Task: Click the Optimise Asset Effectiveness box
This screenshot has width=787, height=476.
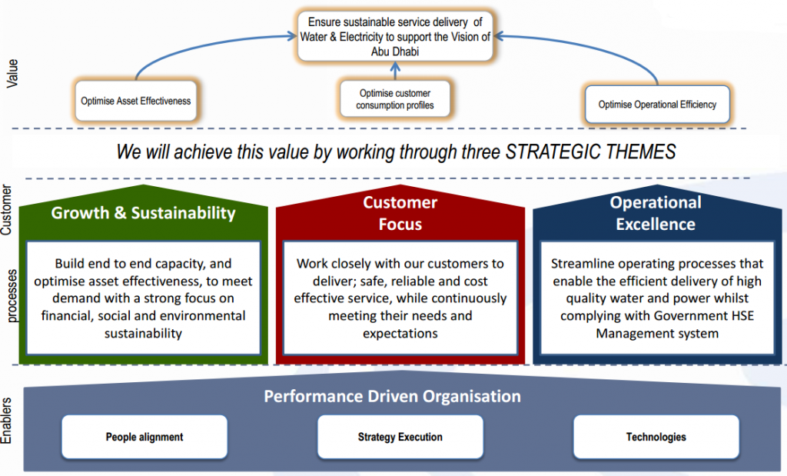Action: click(135, 101)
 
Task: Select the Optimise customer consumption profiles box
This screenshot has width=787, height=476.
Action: click(395, 99)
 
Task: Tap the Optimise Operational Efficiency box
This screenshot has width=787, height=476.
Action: click(657, 105)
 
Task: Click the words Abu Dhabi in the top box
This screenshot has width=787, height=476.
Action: click(395, 52)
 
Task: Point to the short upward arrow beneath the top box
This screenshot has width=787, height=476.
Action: click(396, 70)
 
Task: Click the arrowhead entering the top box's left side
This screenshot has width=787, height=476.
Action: click(291, 35)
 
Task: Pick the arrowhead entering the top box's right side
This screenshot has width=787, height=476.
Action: click(499, 35)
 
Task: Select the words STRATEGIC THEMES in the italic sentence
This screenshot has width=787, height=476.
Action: click(590, 151)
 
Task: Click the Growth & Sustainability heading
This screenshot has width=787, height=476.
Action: click(143, 213)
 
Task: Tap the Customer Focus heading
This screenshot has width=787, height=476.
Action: click(400, 213)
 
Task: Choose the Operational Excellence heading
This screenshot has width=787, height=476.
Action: click(656, 213)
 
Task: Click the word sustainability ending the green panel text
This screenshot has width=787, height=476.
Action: click(143, 334)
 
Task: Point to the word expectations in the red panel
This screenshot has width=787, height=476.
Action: click(400, 334)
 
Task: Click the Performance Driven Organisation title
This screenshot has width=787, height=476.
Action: click(393, 396)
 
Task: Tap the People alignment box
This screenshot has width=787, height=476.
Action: click(144, 437)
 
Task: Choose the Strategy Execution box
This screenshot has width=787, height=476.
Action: click(400, 437)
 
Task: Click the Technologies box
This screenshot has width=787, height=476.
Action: click(656, 437)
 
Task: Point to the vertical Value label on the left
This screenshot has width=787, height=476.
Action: click(12, 74)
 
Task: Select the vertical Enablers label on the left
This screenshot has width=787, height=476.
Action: click(6, 421)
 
